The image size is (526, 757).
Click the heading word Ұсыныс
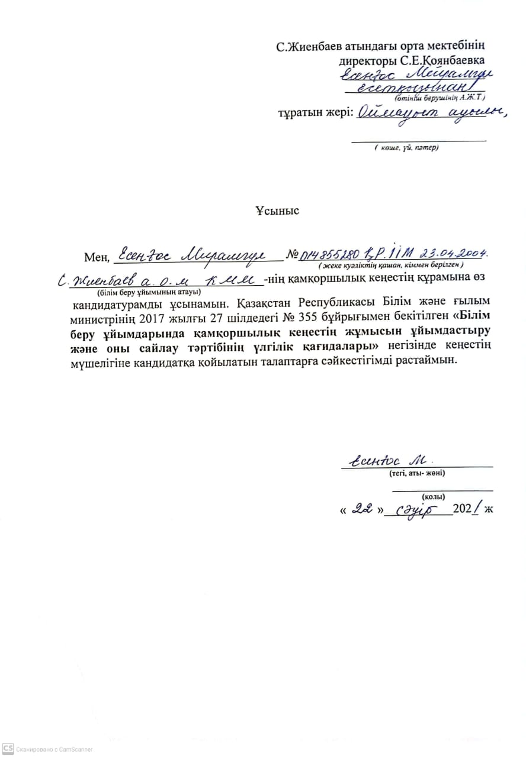coord(278,211)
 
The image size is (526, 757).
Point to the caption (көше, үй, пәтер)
coord(406,147)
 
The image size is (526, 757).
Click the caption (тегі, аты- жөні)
coord(417,473)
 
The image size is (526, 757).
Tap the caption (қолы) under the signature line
coord(434,497)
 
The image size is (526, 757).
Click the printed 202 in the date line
coord(461,509)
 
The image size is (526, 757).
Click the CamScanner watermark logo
coord(8,749)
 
